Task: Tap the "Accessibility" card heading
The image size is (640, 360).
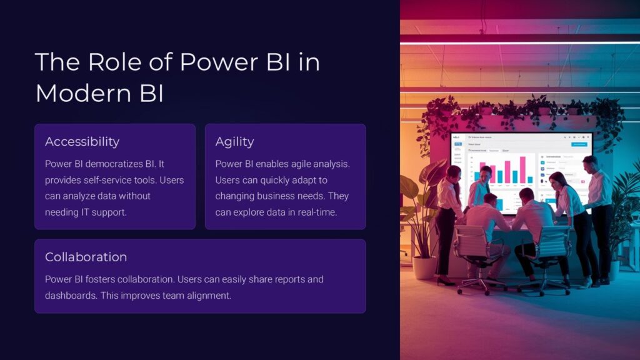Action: [x=82, y=142]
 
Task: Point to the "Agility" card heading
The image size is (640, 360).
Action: [x=234, y=142]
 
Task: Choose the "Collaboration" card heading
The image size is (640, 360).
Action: [x=86, y=257]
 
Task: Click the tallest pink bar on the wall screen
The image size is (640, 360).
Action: [x=523, y=169]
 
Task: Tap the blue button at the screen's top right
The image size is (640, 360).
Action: [x=575, y=144]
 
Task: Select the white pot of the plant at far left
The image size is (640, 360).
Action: [x=424, y=267]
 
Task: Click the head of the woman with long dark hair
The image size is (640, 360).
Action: [x=557, y=180]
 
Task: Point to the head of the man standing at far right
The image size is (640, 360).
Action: [x=589, y=164]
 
